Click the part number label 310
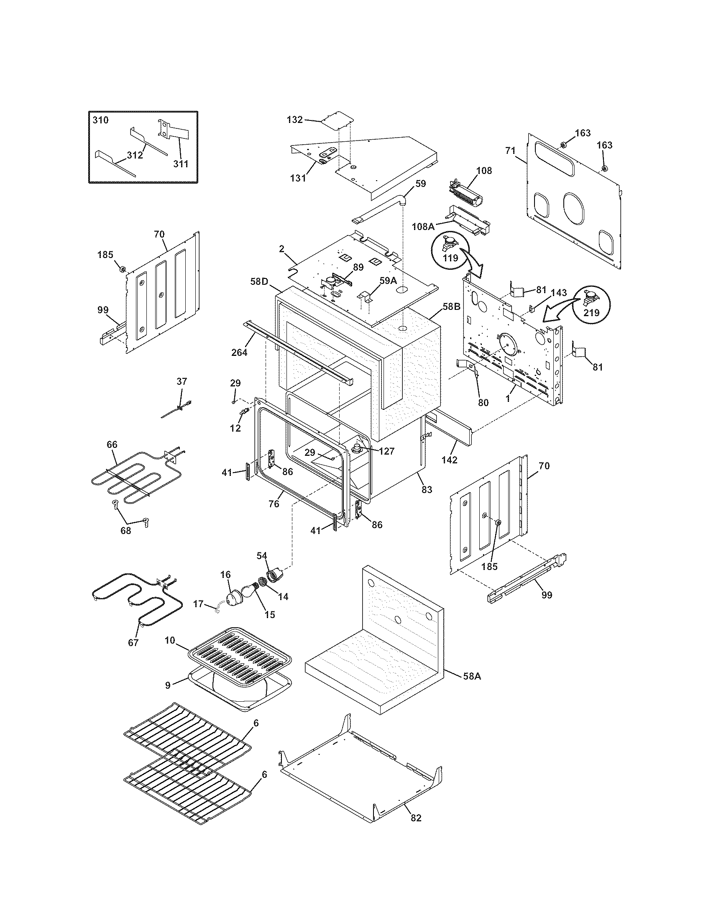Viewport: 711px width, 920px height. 100,120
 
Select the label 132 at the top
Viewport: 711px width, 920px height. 294,120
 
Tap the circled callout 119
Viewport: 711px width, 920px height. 450,257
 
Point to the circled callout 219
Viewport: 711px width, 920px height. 591,313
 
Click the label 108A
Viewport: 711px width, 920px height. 423,226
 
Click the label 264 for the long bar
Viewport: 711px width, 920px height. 239,352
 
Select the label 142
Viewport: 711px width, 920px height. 449,460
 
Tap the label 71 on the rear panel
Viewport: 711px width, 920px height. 510,151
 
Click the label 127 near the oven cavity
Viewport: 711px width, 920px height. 386,451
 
